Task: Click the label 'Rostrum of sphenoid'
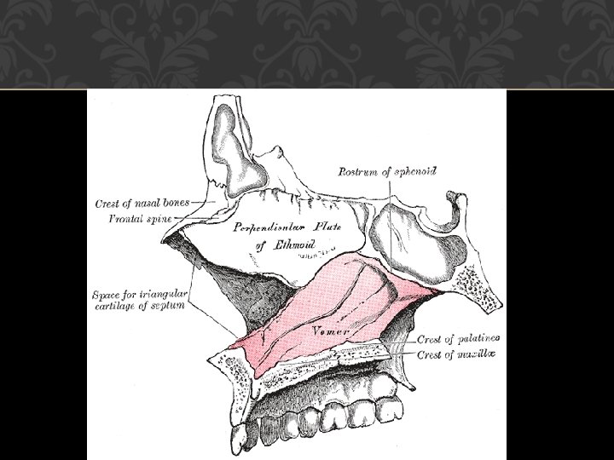(x=387, y=171)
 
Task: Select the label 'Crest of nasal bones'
(x=141, y=203)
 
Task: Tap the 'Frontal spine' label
(x=141, y=218)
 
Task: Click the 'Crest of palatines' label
(x=458, y=339)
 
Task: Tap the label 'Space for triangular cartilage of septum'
(x=138, y=301)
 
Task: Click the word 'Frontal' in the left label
(x=125, y=218)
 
